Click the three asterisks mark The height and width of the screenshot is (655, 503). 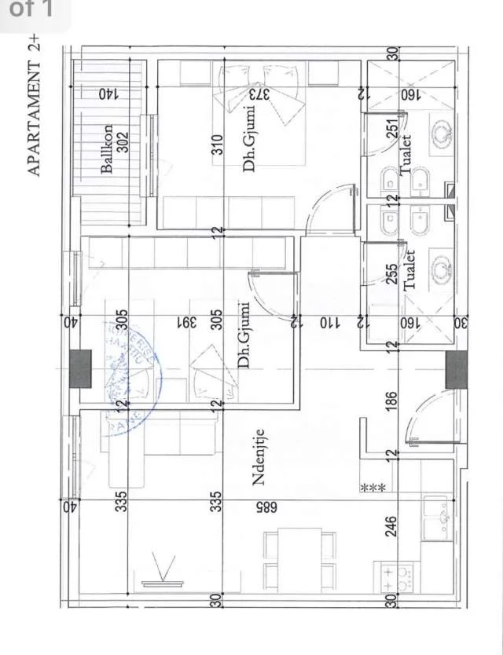372,488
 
